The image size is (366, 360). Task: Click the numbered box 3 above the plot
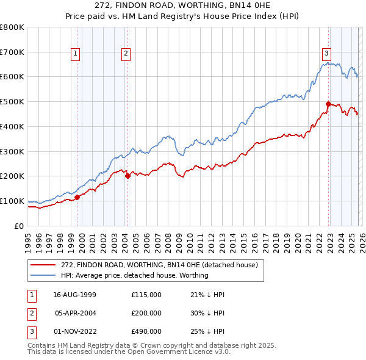(327, 52)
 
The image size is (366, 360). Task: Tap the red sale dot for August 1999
(77, 196)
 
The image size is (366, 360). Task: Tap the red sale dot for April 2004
(127, 176)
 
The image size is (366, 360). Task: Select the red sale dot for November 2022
(328, 104)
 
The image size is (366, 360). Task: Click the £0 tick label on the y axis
(20, 226)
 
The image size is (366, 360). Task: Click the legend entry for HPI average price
(135, 275)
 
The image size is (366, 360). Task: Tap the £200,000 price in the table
(146, 312)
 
